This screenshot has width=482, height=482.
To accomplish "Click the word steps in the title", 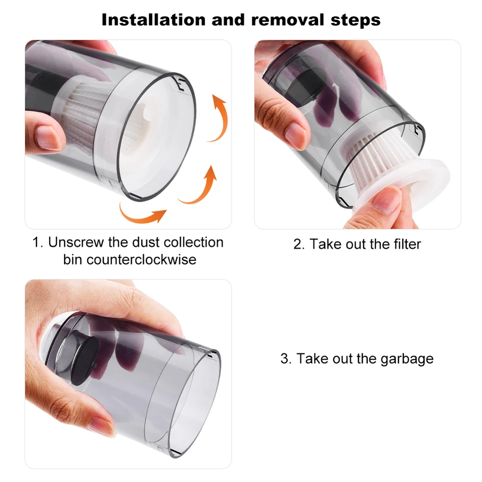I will (x=355, y=20).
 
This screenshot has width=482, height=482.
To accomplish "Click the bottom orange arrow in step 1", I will (x=142, y=214).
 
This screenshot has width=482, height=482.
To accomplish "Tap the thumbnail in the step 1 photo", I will (x=51, y=137).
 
